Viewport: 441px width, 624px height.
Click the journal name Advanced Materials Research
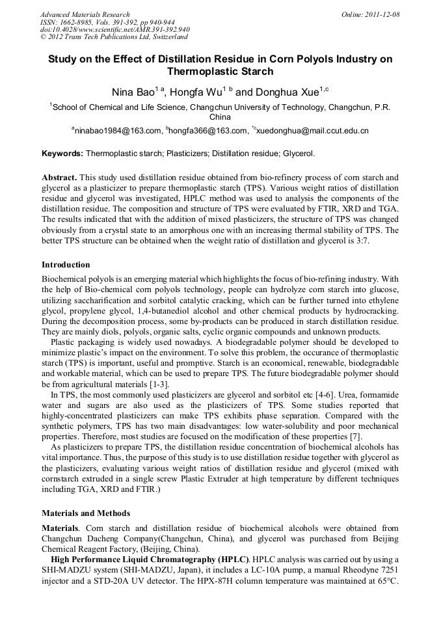[x=85, y=14]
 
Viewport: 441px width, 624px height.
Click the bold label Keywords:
[x=62, y=154]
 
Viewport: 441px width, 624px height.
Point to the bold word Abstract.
[x=60, y=178]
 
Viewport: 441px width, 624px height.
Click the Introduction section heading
[x=66, y=265]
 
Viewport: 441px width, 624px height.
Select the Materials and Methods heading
[x=86, y=513]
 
